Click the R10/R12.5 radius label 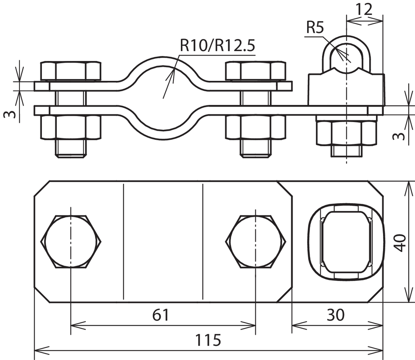[217, 45]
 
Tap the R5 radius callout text [315, 27]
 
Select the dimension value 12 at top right [364, 10]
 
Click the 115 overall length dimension [208, 340]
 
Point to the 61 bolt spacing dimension [161, 315]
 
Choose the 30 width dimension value [336, 315]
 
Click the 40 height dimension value [399, 243]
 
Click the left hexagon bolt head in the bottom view [71, 241]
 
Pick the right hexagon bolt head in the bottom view [256, 241]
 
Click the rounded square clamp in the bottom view [345, 242]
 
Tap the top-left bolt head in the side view [71, 71]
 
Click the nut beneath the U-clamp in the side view [346, 133]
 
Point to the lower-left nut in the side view [71, 127]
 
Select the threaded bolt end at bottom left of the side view [71, 148]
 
